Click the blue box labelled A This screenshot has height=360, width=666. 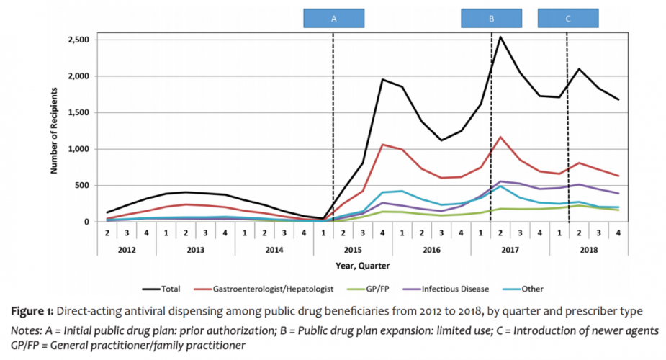coord(333,19)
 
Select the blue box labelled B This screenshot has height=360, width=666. coord(491,19)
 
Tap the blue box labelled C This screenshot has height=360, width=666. coord(567,19)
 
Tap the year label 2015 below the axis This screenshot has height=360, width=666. coord(353,249)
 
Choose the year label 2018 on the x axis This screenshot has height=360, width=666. coord(589,249)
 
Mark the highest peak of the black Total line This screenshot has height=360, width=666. coord(500,37)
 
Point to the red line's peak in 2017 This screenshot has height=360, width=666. coord(500,137)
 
